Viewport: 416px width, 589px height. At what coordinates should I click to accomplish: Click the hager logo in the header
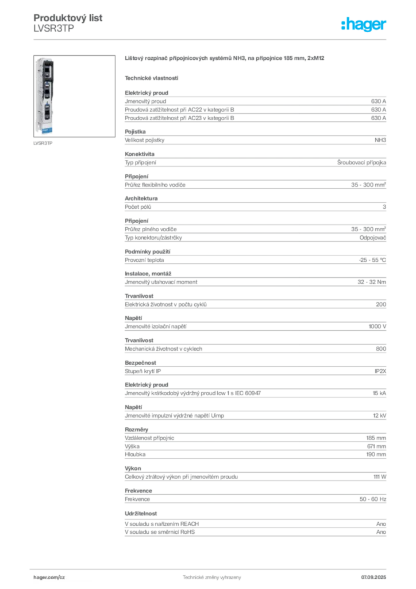pyautogui.click(x=364, y=24)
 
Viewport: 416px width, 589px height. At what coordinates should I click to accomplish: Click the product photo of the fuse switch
pyautogui.click(x=74, y=96)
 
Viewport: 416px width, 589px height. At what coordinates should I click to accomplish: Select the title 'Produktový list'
pyautogui.click(x=68, y=18)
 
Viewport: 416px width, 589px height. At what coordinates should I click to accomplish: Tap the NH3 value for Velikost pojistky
pyautogui.click(x=380, y=140)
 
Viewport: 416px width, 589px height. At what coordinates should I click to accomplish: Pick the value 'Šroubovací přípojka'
pyautogui.click(x=361, y=163)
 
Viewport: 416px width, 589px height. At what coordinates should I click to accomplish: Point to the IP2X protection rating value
pyautogui.click(x=380, y=371)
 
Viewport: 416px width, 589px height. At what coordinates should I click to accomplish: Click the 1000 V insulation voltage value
pyautogui.click(x=378, y=327)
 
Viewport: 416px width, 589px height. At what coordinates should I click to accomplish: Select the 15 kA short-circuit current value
pyautogui.click(x=379, y=393)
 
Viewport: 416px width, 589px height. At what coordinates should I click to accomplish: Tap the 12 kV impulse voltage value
pyautogui.click(x=380, y=415)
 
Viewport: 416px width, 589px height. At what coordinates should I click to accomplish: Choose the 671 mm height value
pyautogui.click(x=376, y=446)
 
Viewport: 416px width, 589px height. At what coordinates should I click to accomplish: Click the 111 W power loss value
pyautogui.click(x=380, y=477)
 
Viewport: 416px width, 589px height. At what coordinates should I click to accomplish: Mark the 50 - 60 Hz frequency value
pyautogui.click(x=373, y=499)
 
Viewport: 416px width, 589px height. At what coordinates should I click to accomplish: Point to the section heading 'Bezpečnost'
pyautogui.click(x=140, y=363)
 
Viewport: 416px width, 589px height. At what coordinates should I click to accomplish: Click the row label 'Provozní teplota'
pyautogui.click(x=144, y=260)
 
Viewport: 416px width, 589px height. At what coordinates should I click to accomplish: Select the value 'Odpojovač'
pyautogui.click(x=373, y=238)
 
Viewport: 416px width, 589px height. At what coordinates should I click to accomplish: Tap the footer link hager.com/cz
pyautogui.click(x=49, y=577)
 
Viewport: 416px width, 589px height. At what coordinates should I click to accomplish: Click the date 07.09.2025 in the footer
pyautogui.click(x=373, y=577)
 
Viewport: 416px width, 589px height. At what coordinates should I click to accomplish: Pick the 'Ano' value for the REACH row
pyautogui.click(x=381, y=524)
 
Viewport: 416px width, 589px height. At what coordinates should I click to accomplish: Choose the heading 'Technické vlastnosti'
pyautogui.click(x=152, y=78)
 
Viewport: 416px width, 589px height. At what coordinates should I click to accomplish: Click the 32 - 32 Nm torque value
pyautogui.click(x=372, y=282)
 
